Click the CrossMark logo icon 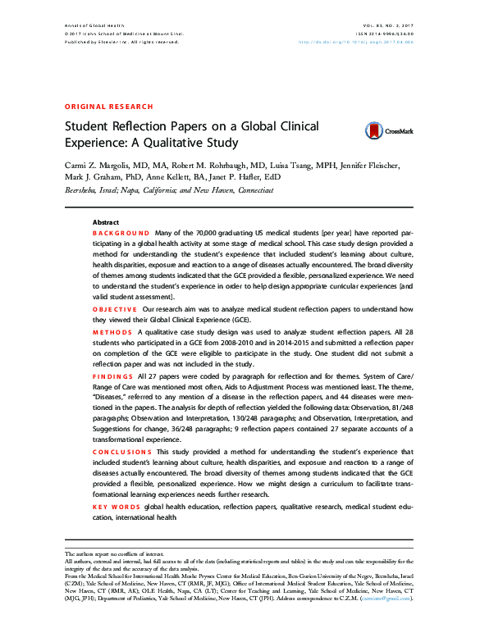(x=373, y=129)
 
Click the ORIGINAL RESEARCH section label (x=108, y=107)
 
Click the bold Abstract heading (x=106, y=222)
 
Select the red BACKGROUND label (x=121, y=234)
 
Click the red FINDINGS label (x=113, y=375)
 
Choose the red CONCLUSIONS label (x=122, y=452)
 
